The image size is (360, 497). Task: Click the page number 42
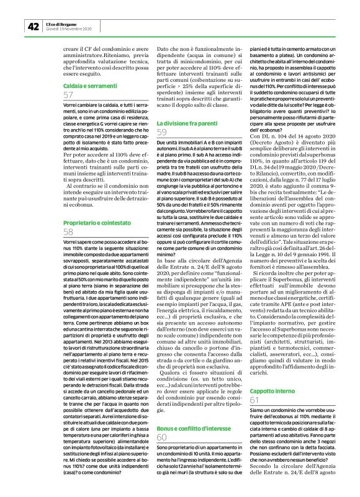(32, 27)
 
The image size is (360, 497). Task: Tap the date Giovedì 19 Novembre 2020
(68, 29)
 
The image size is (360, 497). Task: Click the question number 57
(68, 95)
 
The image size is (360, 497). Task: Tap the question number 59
(162, 133)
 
